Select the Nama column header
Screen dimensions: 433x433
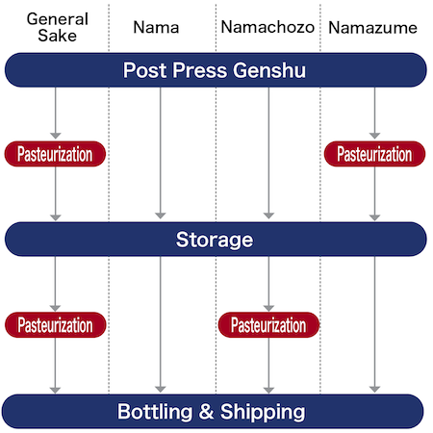(161, 28)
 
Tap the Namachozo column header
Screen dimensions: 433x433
(267, 28)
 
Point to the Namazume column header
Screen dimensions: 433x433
(373, 28)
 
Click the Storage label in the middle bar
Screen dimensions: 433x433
(216, 238)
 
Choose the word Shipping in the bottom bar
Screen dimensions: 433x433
(262, 412)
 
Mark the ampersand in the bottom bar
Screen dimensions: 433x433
(205, 412)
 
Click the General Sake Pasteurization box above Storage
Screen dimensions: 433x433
(55, 153)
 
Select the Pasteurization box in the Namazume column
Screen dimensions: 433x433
(373, 153)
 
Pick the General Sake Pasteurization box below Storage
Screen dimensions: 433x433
(55, 324)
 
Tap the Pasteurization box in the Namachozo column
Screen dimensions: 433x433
(267, 324)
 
